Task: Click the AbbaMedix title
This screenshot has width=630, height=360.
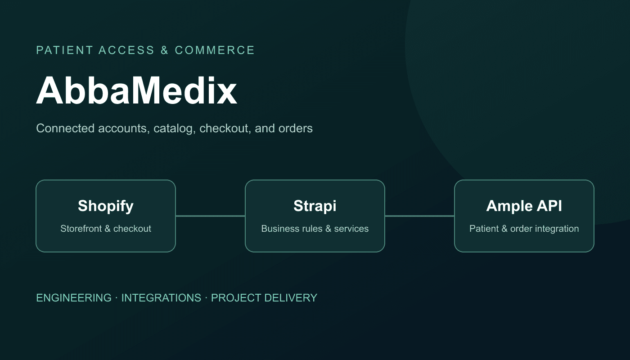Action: coord(137,90)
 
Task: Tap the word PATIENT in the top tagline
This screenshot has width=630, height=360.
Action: coord(64,50)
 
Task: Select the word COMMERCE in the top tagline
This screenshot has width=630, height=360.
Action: coord(215,50)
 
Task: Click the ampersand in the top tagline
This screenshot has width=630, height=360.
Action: coord(165,50)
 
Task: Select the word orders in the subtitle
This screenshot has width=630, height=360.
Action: coord(295,129)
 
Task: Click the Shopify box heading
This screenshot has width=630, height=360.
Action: coord(106,206)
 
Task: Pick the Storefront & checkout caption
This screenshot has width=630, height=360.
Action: coord(106,229)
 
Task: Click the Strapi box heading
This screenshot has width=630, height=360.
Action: coord(315,206)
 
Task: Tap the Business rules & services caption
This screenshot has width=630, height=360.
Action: coord(315,229)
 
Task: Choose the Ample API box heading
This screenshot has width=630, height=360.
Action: coord(524,206)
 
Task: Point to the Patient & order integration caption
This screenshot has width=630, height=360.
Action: coord(524,229)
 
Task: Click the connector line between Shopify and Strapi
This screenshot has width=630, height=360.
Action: coord(211,216)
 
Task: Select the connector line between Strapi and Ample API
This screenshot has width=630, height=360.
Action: coord(419,216)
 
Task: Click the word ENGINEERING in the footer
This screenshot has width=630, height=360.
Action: coord(74,298)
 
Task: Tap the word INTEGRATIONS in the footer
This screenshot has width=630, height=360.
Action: coord(161,298)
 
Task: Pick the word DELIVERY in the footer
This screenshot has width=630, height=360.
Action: coord(291,298)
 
